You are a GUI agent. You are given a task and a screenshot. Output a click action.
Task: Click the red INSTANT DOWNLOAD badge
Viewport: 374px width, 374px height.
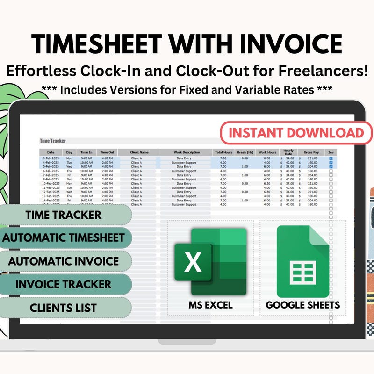[x=296, y=132]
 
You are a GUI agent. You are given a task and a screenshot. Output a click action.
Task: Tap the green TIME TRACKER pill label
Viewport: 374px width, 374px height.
[x=64, y=215]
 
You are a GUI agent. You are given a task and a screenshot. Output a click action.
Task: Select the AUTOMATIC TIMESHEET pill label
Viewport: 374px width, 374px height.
[x=64, y=237]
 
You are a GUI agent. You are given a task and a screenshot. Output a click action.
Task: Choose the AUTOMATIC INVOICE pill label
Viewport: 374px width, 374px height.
[x=64, y=261]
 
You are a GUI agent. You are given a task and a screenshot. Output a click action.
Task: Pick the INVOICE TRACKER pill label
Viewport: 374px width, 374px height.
[x=64, y=284]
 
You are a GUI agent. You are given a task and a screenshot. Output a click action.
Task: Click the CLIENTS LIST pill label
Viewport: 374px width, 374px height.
[x=64, y=308]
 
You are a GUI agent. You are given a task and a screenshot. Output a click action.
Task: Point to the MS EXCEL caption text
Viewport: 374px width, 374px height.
[x=210, y=305]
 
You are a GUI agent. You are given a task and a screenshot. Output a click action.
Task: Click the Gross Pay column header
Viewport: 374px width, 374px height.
[x=311, y=152]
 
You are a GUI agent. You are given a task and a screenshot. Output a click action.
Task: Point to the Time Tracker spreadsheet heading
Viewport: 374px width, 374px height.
[x=53, y=141]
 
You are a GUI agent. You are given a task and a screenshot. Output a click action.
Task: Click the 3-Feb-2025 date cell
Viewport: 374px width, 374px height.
[x=50, y=158]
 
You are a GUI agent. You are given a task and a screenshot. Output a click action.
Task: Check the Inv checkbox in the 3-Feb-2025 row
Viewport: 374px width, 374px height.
[x=331, y=158]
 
